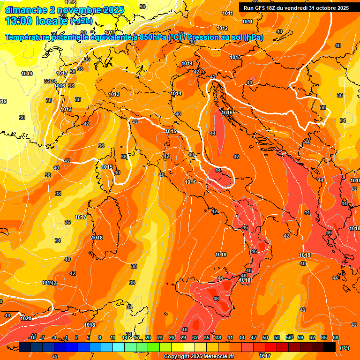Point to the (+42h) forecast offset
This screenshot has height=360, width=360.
(81, 21)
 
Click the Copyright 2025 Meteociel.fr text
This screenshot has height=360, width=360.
(199, 356)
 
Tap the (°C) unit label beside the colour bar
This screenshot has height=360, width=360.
(345, 348)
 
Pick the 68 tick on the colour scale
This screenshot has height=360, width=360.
(336, 337)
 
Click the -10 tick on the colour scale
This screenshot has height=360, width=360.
(32, 337)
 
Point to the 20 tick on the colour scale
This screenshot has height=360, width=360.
(148, 337)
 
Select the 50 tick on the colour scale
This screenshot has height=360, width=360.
(265, 337)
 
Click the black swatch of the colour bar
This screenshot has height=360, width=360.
(330, 347)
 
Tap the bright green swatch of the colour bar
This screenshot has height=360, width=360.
(153, 347)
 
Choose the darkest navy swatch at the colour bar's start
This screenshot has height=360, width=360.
(25, 347)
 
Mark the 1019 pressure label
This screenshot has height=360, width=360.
(27, 74)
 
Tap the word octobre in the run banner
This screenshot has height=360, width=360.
(329, 8)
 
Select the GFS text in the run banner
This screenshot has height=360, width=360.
(261, 8)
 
